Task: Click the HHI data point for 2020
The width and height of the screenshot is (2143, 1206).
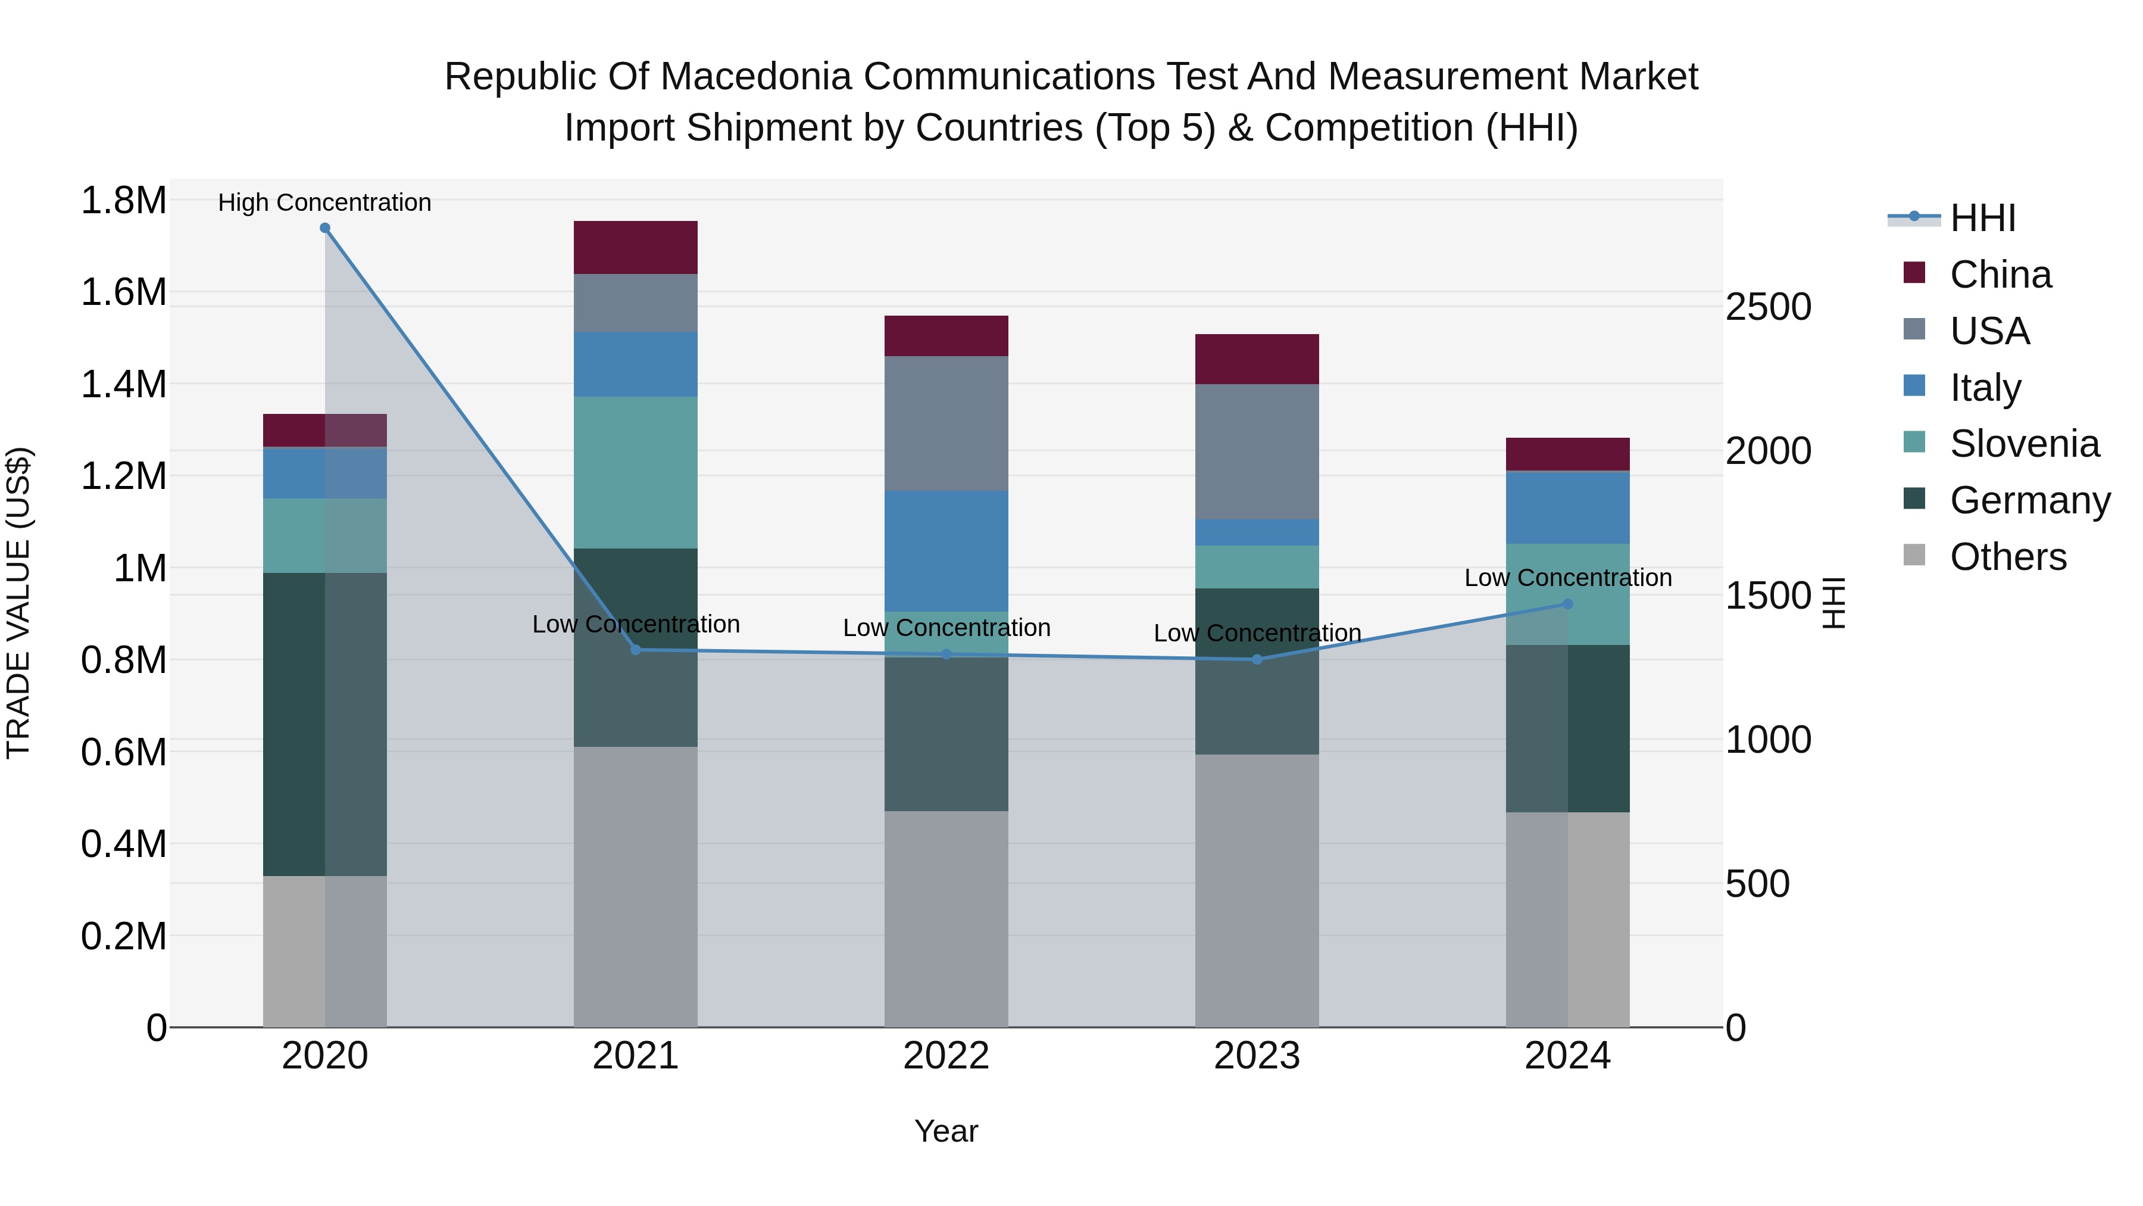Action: point(324,228)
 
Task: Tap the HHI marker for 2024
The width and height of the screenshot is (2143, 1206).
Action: point(1567,604)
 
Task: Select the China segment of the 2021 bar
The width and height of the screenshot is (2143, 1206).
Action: point(636,248)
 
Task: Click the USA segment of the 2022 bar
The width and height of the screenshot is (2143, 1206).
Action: point(946,423)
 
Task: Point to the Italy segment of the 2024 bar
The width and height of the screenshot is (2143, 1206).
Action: point(1567,507)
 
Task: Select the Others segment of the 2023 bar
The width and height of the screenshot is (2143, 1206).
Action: point(1257,890)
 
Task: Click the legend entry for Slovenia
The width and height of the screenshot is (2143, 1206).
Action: point(2023,444)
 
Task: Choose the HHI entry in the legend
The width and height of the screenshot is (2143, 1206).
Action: point(1982,218)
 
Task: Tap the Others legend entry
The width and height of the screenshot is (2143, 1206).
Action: point(2007,557)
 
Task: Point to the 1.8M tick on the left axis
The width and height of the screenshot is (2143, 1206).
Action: point(123,201)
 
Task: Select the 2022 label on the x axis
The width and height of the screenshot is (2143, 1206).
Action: point(946,1056)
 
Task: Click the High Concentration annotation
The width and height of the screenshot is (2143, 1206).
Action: point(324,202)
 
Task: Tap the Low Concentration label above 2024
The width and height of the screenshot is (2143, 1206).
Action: point(1567,578)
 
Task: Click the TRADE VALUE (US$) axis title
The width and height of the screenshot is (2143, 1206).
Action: point(18,603)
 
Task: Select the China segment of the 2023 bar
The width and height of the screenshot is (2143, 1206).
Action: point(1257,359)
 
